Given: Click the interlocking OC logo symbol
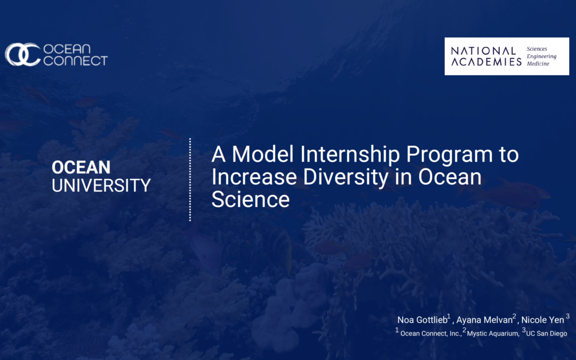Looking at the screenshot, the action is pos(23,54).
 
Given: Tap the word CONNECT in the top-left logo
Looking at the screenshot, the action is pos(76,60).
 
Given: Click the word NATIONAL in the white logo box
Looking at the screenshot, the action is pos(483,51).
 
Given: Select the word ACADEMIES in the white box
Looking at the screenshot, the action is pos(486,62).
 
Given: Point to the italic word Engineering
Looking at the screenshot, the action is pos(541,56).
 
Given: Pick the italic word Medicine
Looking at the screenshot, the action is pos(538,63).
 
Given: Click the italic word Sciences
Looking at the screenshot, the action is pos(537,49).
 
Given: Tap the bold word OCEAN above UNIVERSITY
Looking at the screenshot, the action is pos(81,167).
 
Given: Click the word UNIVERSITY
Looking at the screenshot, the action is pos(101,185).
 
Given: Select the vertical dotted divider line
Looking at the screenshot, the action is pos(190,180).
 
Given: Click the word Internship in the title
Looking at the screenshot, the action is pos(350,154).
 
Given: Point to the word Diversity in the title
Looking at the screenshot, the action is pos(346,177).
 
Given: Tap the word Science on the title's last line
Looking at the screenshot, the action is pos(251,199).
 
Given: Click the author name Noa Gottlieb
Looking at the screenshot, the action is pos(422,320).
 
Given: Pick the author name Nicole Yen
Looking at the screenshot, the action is pos(542,320).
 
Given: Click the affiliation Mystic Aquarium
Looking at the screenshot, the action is pos(493,333).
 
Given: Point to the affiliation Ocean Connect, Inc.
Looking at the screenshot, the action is pos(430,333).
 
